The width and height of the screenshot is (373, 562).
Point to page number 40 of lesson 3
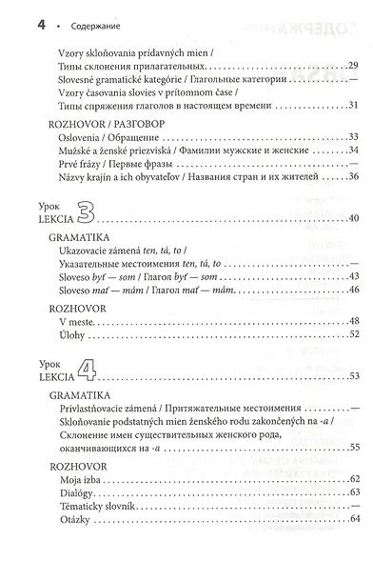[x=353, y=219]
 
